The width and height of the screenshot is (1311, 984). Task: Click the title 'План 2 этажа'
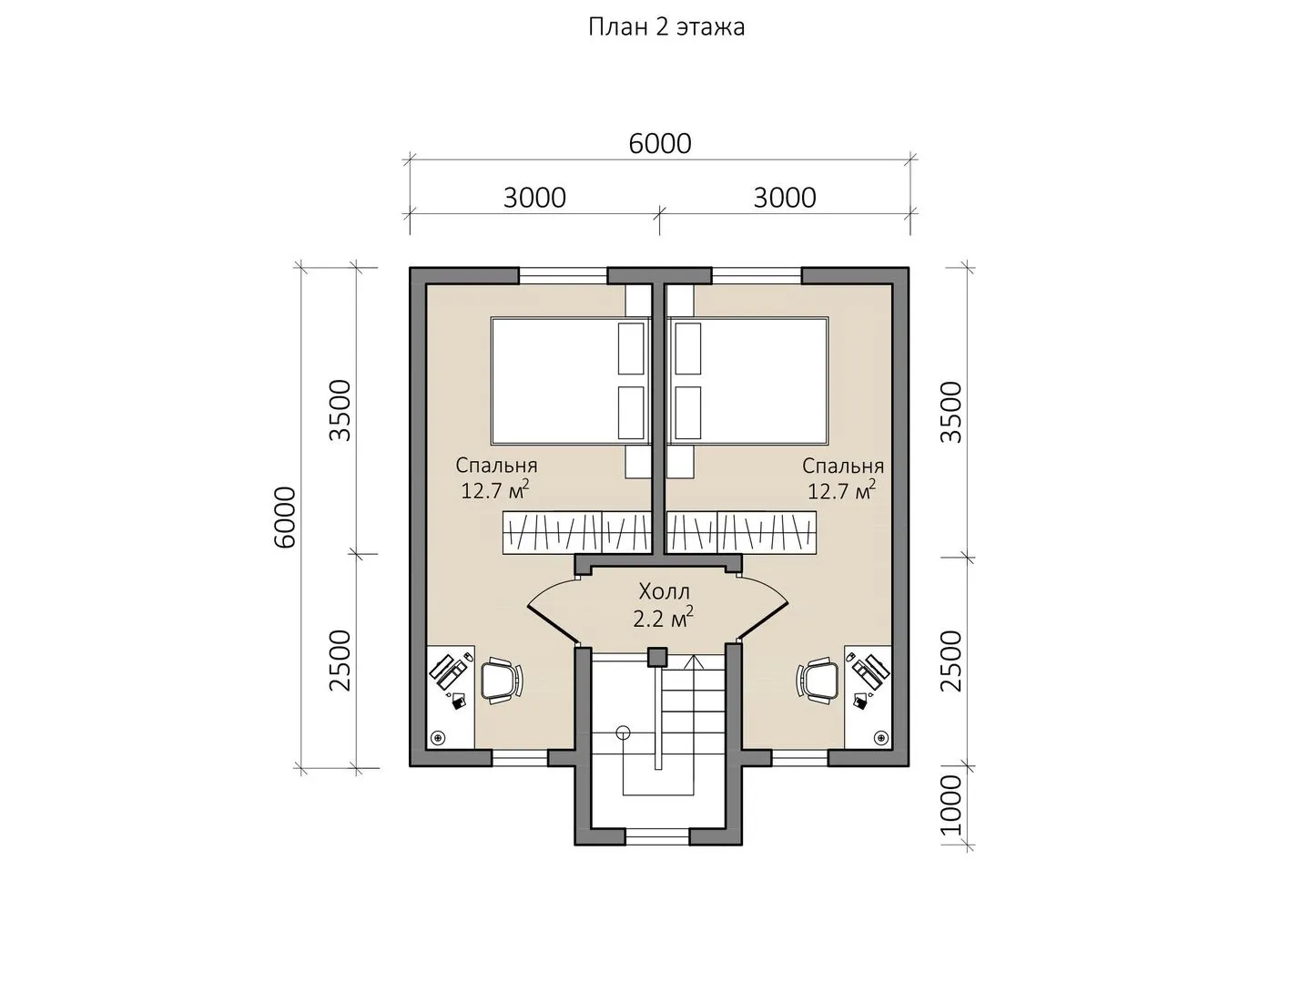point(666,27)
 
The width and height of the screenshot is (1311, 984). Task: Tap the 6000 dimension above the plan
point(660,144)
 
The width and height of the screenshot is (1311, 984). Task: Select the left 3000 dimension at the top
point(534,199)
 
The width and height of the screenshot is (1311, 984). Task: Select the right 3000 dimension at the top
point(785,199)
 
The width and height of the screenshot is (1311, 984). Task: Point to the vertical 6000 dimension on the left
point(285,518)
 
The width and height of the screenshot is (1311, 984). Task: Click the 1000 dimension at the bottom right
point(950,805)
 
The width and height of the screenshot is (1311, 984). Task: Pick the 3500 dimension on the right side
point(950,412)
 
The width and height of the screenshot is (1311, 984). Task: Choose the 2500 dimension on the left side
point(340,661)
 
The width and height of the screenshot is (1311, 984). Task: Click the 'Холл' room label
point(665,592)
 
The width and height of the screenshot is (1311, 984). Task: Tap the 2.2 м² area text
point(663,619)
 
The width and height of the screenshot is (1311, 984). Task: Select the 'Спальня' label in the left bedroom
point(496,466)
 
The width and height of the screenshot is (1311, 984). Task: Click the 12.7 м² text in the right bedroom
point(841,490)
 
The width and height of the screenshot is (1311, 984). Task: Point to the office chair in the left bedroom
point(503,681)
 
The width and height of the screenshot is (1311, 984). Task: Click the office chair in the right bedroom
point(818,681)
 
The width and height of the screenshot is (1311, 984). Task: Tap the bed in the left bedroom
point(570,381)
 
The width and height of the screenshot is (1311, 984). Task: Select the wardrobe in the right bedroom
point(741,532)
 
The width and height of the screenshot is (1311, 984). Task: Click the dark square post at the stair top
point(657,657)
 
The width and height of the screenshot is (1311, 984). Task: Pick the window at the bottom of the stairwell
point(657,836)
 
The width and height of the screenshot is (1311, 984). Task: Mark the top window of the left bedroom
point(563,275)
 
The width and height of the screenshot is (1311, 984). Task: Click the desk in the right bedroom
point(869,697)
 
